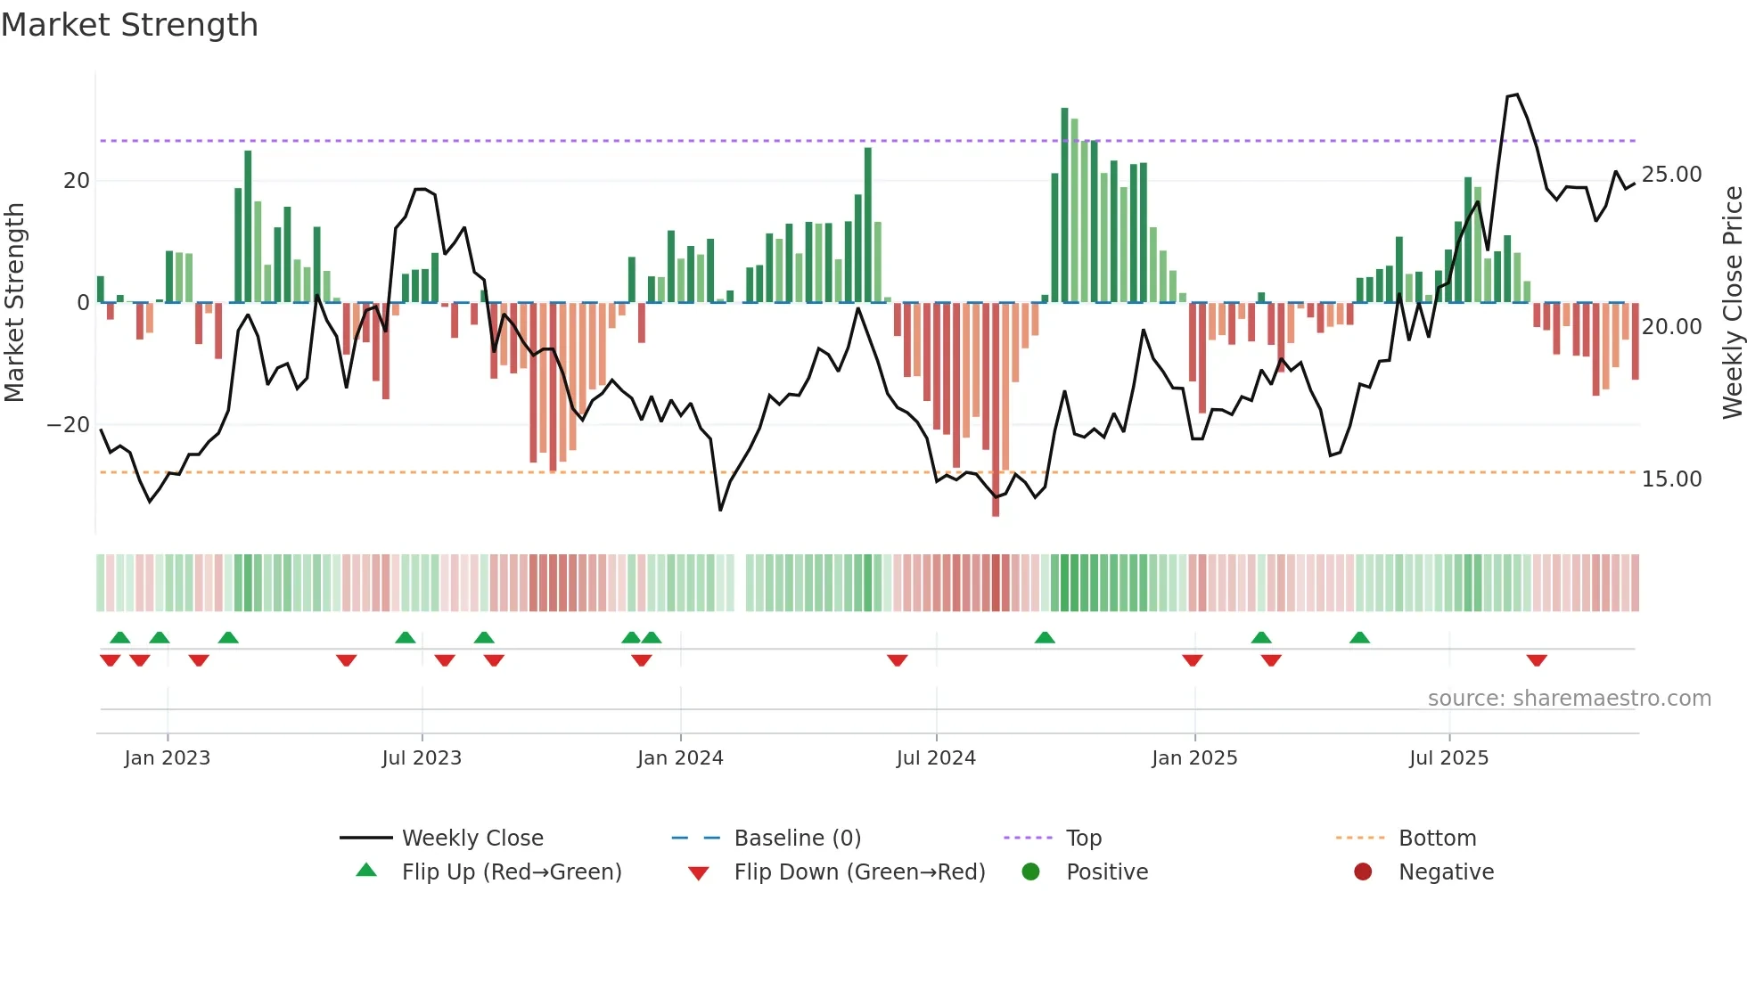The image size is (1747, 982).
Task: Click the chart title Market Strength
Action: [129, 25]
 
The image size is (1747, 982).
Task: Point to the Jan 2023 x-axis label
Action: [167, 758]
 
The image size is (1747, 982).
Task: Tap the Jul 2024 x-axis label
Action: [936, 758]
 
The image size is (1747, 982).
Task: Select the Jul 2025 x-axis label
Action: [1448, 758]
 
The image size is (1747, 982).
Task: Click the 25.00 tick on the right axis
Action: [1671, 175]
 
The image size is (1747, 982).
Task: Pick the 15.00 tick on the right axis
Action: [1671, 479]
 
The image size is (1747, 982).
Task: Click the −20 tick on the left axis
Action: [69, 425]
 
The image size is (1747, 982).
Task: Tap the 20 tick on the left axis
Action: [77, 181]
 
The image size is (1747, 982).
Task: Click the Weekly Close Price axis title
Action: [1732, 303]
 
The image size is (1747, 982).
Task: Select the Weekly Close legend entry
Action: [472, 839]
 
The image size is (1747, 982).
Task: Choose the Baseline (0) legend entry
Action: [797, 839]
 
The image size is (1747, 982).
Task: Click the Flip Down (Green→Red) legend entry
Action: [858, 872]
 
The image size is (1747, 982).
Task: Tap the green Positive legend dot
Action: [1030, 872]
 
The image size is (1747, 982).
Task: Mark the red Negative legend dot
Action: [1363, 872]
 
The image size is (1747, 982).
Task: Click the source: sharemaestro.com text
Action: [1569, 699]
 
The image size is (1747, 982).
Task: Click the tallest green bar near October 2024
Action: [1064, 205]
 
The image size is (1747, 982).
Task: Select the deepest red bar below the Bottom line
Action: [996, 410]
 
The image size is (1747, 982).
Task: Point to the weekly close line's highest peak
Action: [1516, 94]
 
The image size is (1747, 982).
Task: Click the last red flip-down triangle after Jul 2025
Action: [1537, 660]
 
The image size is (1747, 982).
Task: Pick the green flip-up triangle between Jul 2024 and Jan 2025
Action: [1045, 637]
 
